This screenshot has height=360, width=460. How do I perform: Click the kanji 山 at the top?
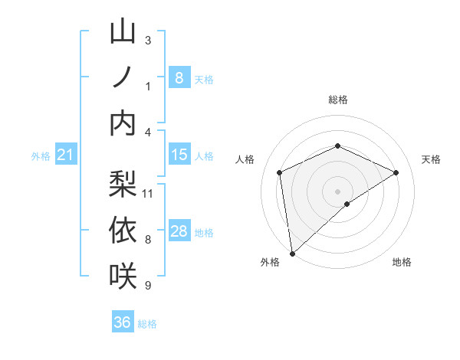pos(123,33)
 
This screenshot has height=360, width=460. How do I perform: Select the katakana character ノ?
pos(123,77)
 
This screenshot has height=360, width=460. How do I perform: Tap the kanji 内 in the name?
pos(123,122)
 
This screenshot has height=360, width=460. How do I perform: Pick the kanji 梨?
pos(123,184)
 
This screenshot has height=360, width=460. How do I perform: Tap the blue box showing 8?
pos(179,77)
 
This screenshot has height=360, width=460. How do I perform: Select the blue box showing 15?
pos(179,155)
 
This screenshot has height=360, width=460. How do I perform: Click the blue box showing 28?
pos(179,231)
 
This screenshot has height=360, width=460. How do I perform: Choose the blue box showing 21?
pos(66,155)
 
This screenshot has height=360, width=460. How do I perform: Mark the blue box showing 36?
pos(123,322)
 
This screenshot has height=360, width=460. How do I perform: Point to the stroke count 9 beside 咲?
pos(147,286)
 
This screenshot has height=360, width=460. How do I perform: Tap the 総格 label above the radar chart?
pos(338,100)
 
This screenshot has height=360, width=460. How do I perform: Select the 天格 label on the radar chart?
pos(432,159)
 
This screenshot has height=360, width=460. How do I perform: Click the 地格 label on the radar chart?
pos(402,262)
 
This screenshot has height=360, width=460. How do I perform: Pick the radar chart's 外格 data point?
pos(292,253)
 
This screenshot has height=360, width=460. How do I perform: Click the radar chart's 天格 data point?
pos(396,172)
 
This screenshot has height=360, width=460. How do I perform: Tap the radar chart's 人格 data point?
pos(280,172)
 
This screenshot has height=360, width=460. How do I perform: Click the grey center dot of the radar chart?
pos(337,191)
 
